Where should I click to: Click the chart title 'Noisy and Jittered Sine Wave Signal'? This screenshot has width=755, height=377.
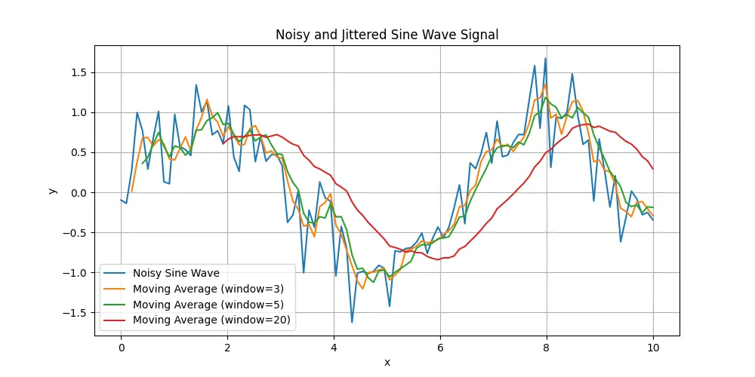click(387, 35)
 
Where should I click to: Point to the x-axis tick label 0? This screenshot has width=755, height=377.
click(121, 348)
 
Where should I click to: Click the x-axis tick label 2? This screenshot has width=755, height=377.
click(227, 348)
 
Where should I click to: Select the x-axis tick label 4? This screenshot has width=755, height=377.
click(334, 348)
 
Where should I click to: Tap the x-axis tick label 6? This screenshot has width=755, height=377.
click(440, 348)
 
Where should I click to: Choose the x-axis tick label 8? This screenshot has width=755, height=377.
click(547, 348)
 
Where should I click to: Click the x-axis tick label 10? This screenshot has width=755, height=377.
click(653, 348)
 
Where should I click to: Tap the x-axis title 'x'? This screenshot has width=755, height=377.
click(387, 363)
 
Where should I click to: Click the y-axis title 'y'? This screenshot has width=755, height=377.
click(52, 190)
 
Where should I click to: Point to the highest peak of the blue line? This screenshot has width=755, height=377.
click(545, 58)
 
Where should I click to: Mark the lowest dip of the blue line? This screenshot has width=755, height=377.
click(352, 322)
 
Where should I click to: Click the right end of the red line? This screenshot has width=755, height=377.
click(653, 169)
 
